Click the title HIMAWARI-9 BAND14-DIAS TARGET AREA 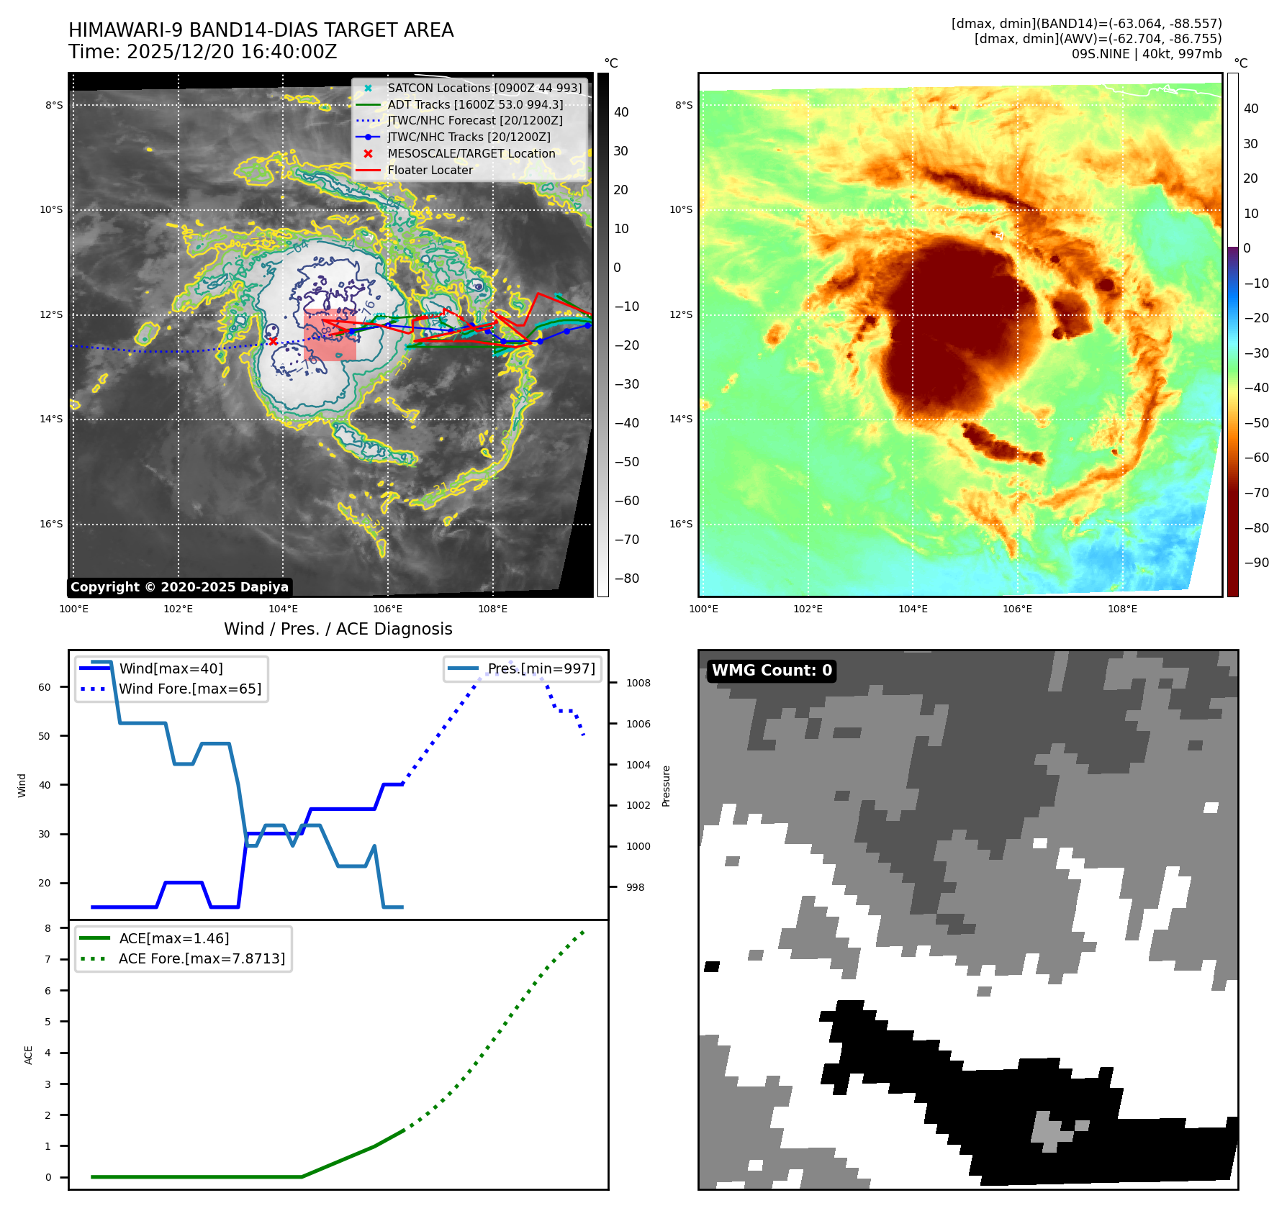pyautogui.click(x=261, y=30)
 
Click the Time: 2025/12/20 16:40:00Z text pyautogui.click(x=202, y=52)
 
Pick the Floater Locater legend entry pyautogui.click(x=430, y=170)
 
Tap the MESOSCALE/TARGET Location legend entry pyautogui.click(x=471, y=153)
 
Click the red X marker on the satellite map pyautogui.click(x=273, y=341)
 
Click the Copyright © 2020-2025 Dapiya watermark pyautogui.click(x=179, y=587)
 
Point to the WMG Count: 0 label pyautogui.click(x=772, y=671)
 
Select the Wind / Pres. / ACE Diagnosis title pyautogui.click(x=338, y=629)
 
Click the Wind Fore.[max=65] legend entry pyautogui.click(x=190, y=689)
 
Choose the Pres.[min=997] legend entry pyautogui.click(x=541, y=668)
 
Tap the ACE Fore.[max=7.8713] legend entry pyautogui.click(x=202, y=958)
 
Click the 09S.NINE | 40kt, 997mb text pyautogui.click(x=1146, y=54)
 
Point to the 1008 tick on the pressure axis pyautogui.click(x=638, y=683)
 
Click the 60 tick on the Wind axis pyautogui.click(x=45, y=687)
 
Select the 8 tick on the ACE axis pyautogui.click(x=48, y=928)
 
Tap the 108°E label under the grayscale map pyautogui.click(x=492, y=609)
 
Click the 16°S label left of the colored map pyautogui.click(x=681, y=524)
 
